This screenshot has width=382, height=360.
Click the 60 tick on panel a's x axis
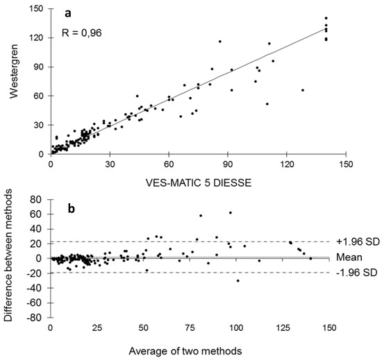coord(168,164)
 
